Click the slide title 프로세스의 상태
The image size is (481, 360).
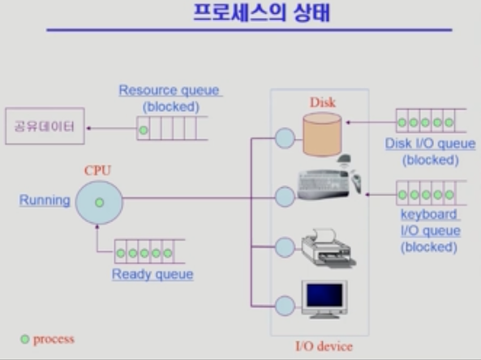pos(261,13)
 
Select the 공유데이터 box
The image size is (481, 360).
pos(45,126)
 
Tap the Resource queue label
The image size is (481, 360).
pos(170,91)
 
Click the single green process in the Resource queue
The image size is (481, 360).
pos(144,131)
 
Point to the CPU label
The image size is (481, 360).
pos(97,170)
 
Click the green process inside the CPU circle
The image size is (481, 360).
pos(100,203)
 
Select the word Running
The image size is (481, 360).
pos(45,200)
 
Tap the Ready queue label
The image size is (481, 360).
pos(152,274)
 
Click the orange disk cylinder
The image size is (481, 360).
pos(322,135)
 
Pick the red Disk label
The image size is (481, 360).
pos(323,102)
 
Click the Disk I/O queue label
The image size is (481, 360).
pos(431,144)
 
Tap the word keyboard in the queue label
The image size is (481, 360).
pos(429,214)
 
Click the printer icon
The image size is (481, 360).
pos(329,248)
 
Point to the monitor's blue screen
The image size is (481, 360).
pos(324,295)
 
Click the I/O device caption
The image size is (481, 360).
pos(324,346)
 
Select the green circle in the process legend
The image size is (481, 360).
pos(25,339)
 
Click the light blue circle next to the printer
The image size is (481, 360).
pos(285,247)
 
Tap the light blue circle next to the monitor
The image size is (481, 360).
pos(285,306)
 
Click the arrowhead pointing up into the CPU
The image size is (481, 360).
pos(97,227)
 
